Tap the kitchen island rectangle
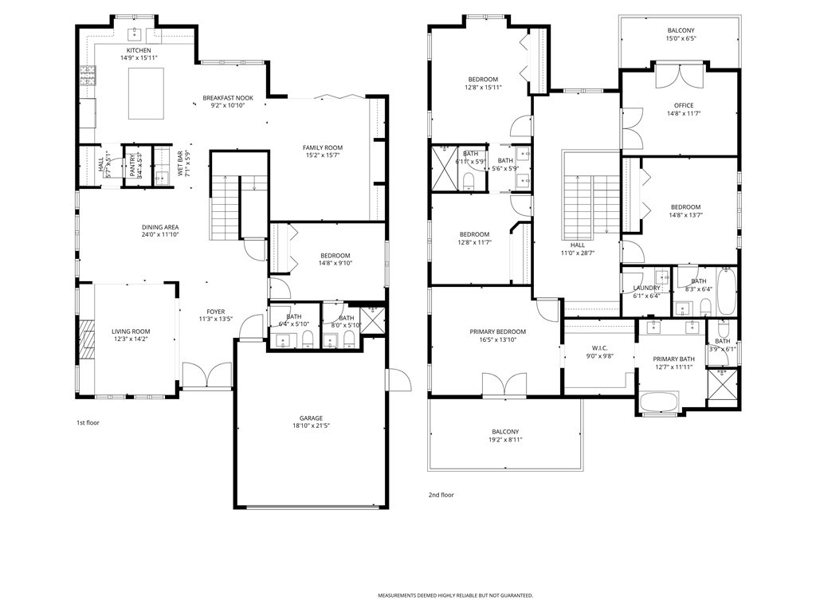point(146,93)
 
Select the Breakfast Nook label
point(227,97)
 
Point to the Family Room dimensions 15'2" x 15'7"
point(322,155)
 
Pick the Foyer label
point(215,312)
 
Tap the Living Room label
point(131,331)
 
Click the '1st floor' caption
point(88,422)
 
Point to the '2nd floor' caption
point(441,495)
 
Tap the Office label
point(683,105)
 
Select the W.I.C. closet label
point(600,347)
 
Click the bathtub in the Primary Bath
point(660,400)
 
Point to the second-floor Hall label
point(577,245)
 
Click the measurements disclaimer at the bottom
point(455,595)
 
